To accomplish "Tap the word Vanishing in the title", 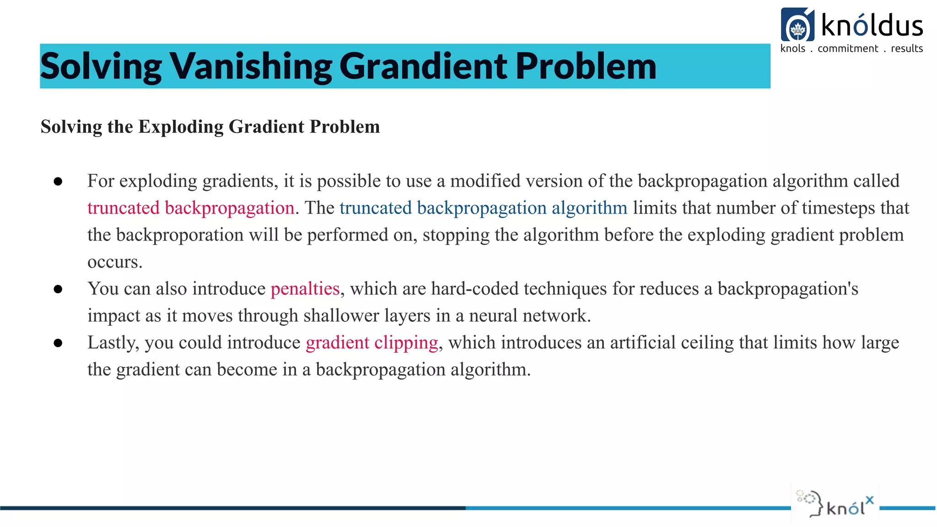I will click(x=251, y=66).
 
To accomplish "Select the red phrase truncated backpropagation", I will click(x=191, y=208).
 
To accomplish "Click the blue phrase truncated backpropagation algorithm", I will click(x=483, y=208).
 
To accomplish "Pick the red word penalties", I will click(x=305, y=289).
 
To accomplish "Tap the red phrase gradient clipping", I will click(x=372, y=343).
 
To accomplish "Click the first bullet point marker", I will click(x=58, y=182).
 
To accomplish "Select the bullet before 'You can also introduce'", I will click(x=58, y=289).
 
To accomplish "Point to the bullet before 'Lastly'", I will click(x=58, y=343).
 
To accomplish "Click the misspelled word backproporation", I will click(x=180, y=235).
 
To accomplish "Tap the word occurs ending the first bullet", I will click(x=114, y=262).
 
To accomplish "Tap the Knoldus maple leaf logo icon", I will click(x=797, y=25).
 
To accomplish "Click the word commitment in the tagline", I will click(x=848, y=48).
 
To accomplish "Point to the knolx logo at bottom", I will click(x=835, y=504).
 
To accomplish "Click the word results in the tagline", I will click(x=907, y=48).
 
